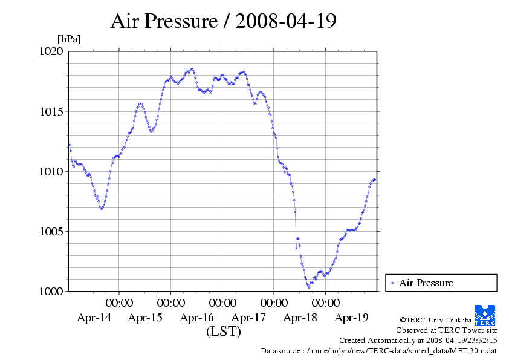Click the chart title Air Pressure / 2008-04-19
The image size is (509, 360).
click(223, 22)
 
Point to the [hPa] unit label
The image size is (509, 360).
click(69, 39)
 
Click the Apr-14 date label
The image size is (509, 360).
click(94, 317)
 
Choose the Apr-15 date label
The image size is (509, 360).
click(145, 317)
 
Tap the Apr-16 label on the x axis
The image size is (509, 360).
click(197, 317)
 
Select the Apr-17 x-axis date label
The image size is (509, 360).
click(248, 317)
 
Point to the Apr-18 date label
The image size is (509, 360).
click(300, 317)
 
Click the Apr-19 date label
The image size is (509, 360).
click(352, 317)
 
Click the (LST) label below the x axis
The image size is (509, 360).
click(223, 332)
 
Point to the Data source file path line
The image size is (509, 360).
click(379, 350)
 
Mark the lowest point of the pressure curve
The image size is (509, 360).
click(309, 287)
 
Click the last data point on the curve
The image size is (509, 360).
click(375, 180)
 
